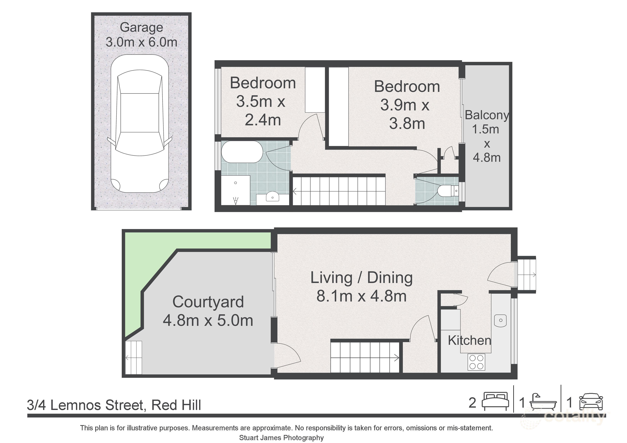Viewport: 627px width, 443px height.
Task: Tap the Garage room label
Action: tap(141, 27)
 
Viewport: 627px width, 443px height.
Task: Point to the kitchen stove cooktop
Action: tap(476, 362)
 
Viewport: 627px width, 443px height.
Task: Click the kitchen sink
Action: tap(501, 320)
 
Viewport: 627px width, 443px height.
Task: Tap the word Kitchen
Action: tap(469, 340)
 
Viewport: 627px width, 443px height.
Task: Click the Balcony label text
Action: tap(487, 115)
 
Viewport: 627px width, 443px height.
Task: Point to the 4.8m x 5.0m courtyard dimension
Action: tap(208, 320)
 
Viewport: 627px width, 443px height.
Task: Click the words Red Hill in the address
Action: tap(176, 405)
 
